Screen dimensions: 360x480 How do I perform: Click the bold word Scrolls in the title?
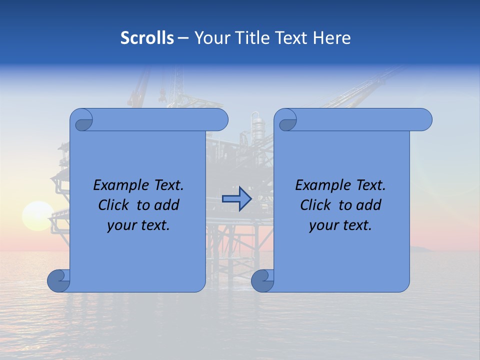tap(147, 38)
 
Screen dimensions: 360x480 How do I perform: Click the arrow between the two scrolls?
tap(236, 198)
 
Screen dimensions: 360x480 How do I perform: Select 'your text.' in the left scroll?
tap(138, 225)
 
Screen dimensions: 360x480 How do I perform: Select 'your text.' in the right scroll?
tap(340, 225)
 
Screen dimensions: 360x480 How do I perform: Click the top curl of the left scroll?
tap(81, 120)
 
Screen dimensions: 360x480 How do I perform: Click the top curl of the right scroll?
tap(285, 120)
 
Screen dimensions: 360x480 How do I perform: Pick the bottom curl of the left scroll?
tap(58, 280)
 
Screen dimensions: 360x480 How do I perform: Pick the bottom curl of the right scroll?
tap(262, 280)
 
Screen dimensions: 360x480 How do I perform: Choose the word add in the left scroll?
tap(167, 205)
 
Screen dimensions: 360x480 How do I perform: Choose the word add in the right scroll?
tap(369, 205)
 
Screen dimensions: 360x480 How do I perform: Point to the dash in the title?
tap(183, 38)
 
